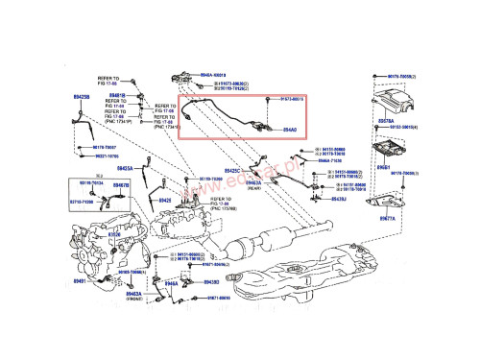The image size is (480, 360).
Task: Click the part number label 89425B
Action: coord(82,97)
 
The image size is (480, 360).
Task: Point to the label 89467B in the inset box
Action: coord(121,185)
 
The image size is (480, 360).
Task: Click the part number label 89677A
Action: coord(385,219)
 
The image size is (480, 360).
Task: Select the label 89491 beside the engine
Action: coord(81,281)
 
